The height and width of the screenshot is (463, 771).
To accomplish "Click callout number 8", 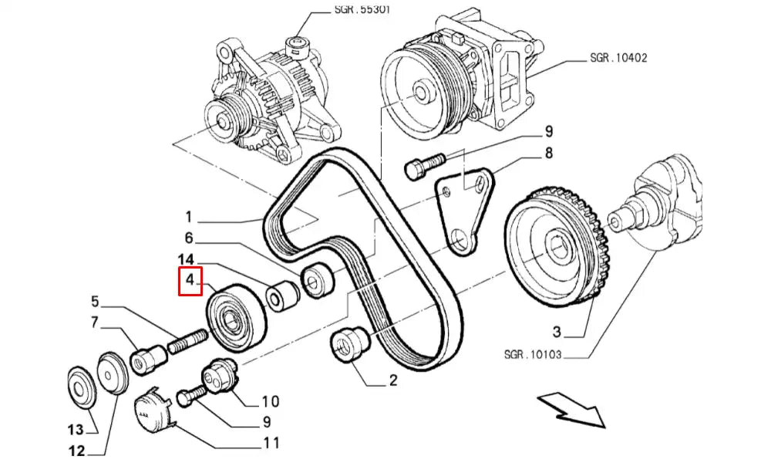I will (549, 154).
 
